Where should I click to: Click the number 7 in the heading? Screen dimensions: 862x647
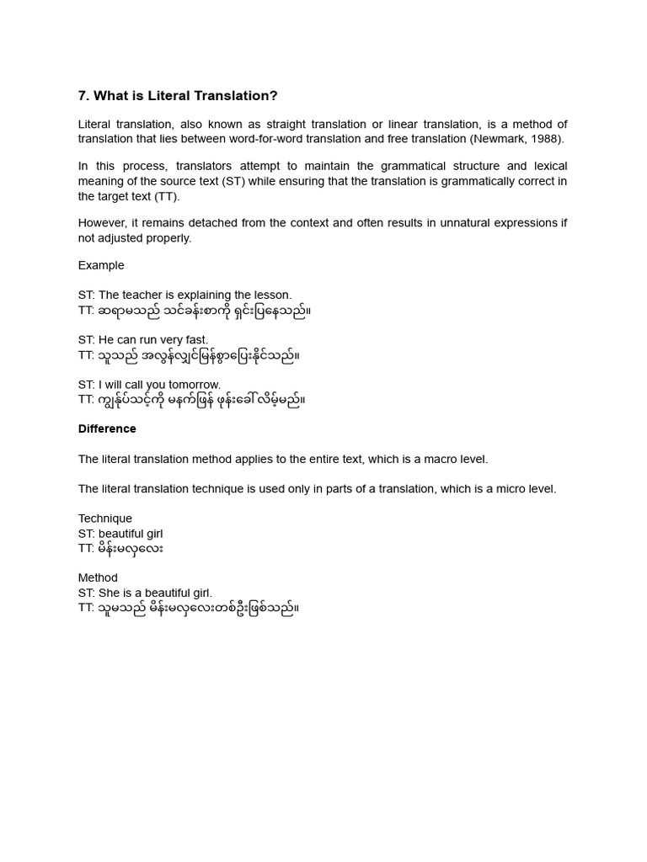(x=83, y=96)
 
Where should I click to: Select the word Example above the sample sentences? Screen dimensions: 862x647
(x=101, y=265)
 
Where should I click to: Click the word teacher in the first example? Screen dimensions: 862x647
(x=143, y=295)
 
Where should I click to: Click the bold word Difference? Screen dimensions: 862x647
(x=107, y=428)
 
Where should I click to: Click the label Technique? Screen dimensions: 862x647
(x=105, y=519)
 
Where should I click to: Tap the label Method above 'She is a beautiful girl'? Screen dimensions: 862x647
(x=98, y=577)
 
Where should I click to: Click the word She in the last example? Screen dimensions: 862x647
(x=110, y=593)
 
